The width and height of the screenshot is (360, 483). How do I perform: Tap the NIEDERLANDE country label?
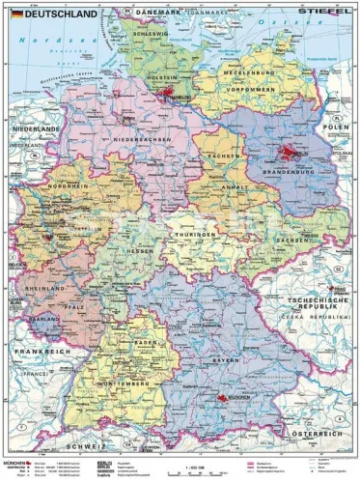tap(36, 128)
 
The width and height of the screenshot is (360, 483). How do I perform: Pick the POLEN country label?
tap(335, 127)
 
